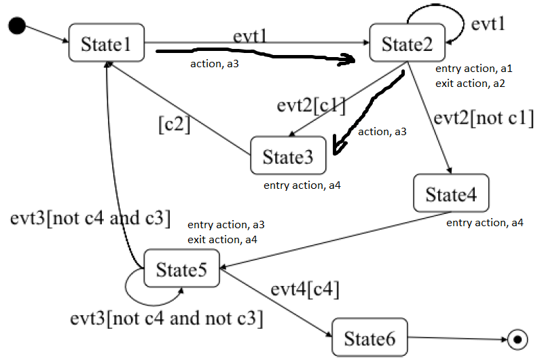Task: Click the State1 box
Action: click(x=107, y=44)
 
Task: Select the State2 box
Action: click(x=406, y=44)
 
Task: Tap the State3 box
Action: click(x=288, y=157)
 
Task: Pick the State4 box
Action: click(x=452, y=194)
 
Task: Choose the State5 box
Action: click(x=181, y=269)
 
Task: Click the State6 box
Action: click(x=369, y=338)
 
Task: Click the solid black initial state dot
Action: click(x=18, y=26)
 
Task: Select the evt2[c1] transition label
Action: click(x=311, y=107)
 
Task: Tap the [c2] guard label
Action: click(x=174, y=125)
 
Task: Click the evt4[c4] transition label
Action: click(x=305, y=289)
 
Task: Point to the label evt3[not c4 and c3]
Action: click(x=90, y=219)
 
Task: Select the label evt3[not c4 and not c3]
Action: click(x=166, y=317)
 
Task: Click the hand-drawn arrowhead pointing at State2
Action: click(x=347, y=61)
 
